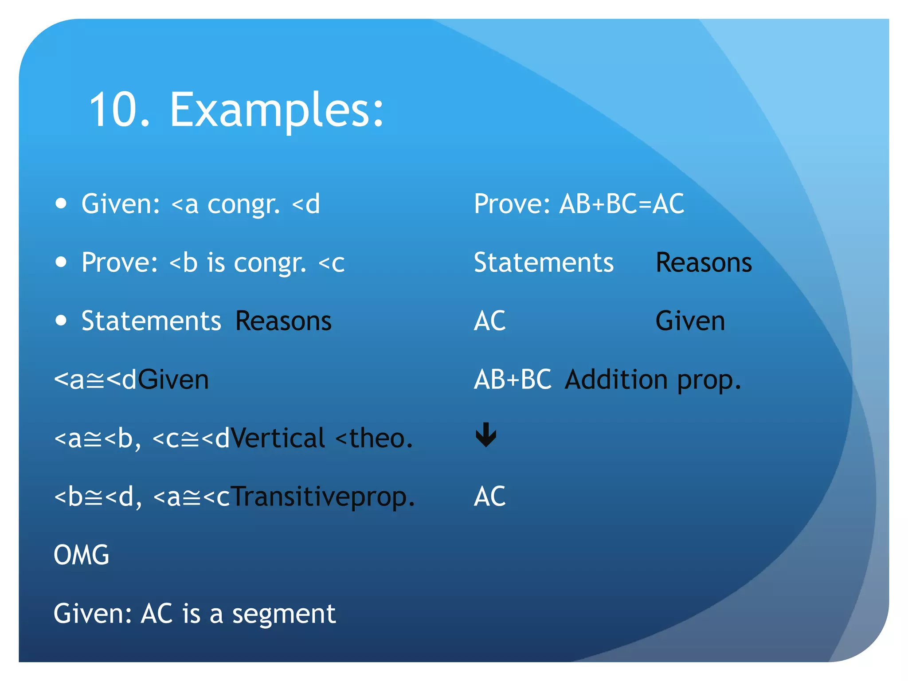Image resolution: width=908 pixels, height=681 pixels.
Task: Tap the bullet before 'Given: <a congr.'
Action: (x=61, y=204)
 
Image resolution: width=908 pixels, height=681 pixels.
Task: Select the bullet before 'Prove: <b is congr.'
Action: (x=61, y=262)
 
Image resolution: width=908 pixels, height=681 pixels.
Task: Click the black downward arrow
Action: (x=486, y=434)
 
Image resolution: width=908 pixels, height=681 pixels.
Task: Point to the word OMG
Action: (x=81, y=555)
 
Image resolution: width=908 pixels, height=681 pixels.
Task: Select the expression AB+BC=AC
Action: (x=622, y=204)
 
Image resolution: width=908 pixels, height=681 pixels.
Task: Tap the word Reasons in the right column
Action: (x=703, y=262)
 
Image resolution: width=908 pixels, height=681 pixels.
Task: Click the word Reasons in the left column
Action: (x=283, y=321)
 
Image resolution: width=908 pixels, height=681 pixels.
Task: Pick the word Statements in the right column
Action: (x=544, y=262)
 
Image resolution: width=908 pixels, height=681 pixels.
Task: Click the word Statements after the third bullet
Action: (x=151, y=321)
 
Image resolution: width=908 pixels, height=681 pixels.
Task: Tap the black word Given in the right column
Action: (x=690, y=321)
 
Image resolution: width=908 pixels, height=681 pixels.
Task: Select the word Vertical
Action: (x=278, y=438)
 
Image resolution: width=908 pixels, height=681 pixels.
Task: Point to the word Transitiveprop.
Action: (x=323, y=497)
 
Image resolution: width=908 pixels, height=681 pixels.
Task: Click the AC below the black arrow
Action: (x=489, y=496)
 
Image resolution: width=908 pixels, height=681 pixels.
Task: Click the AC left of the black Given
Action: (x=489, y=321)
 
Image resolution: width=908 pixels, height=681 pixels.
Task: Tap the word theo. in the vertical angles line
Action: (x=380, y=438)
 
